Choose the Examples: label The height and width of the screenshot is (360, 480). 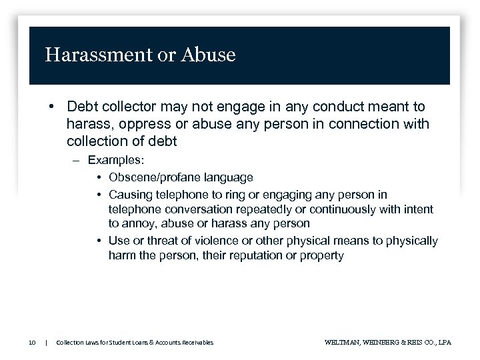coord(115,161)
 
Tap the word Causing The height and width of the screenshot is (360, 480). coord(131,195)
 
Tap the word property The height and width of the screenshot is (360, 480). coord(323,255)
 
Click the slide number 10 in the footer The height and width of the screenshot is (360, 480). coord(32,343)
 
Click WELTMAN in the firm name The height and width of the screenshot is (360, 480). coord(341,343)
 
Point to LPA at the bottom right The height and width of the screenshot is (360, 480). coord(444,343)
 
